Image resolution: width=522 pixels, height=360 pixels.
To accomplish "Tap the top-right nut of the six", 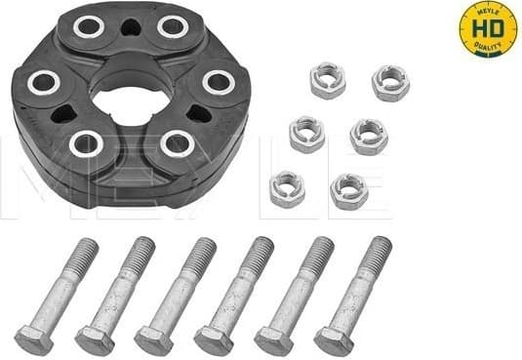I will click(x=390, y=83).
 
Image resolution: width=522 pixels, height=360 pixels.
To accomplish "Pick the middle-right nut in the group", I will click(x=369, y=136).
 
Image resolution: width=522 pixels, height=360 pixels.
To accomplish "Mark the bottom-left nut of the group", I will click(x=286, y=188).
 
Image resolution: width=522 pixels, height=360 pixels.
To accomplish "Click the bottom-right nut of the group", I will click(x=347, y=192).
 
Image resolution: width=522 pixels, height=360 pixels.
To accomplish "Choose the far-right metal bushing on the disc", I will click(x=218, y=83).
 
